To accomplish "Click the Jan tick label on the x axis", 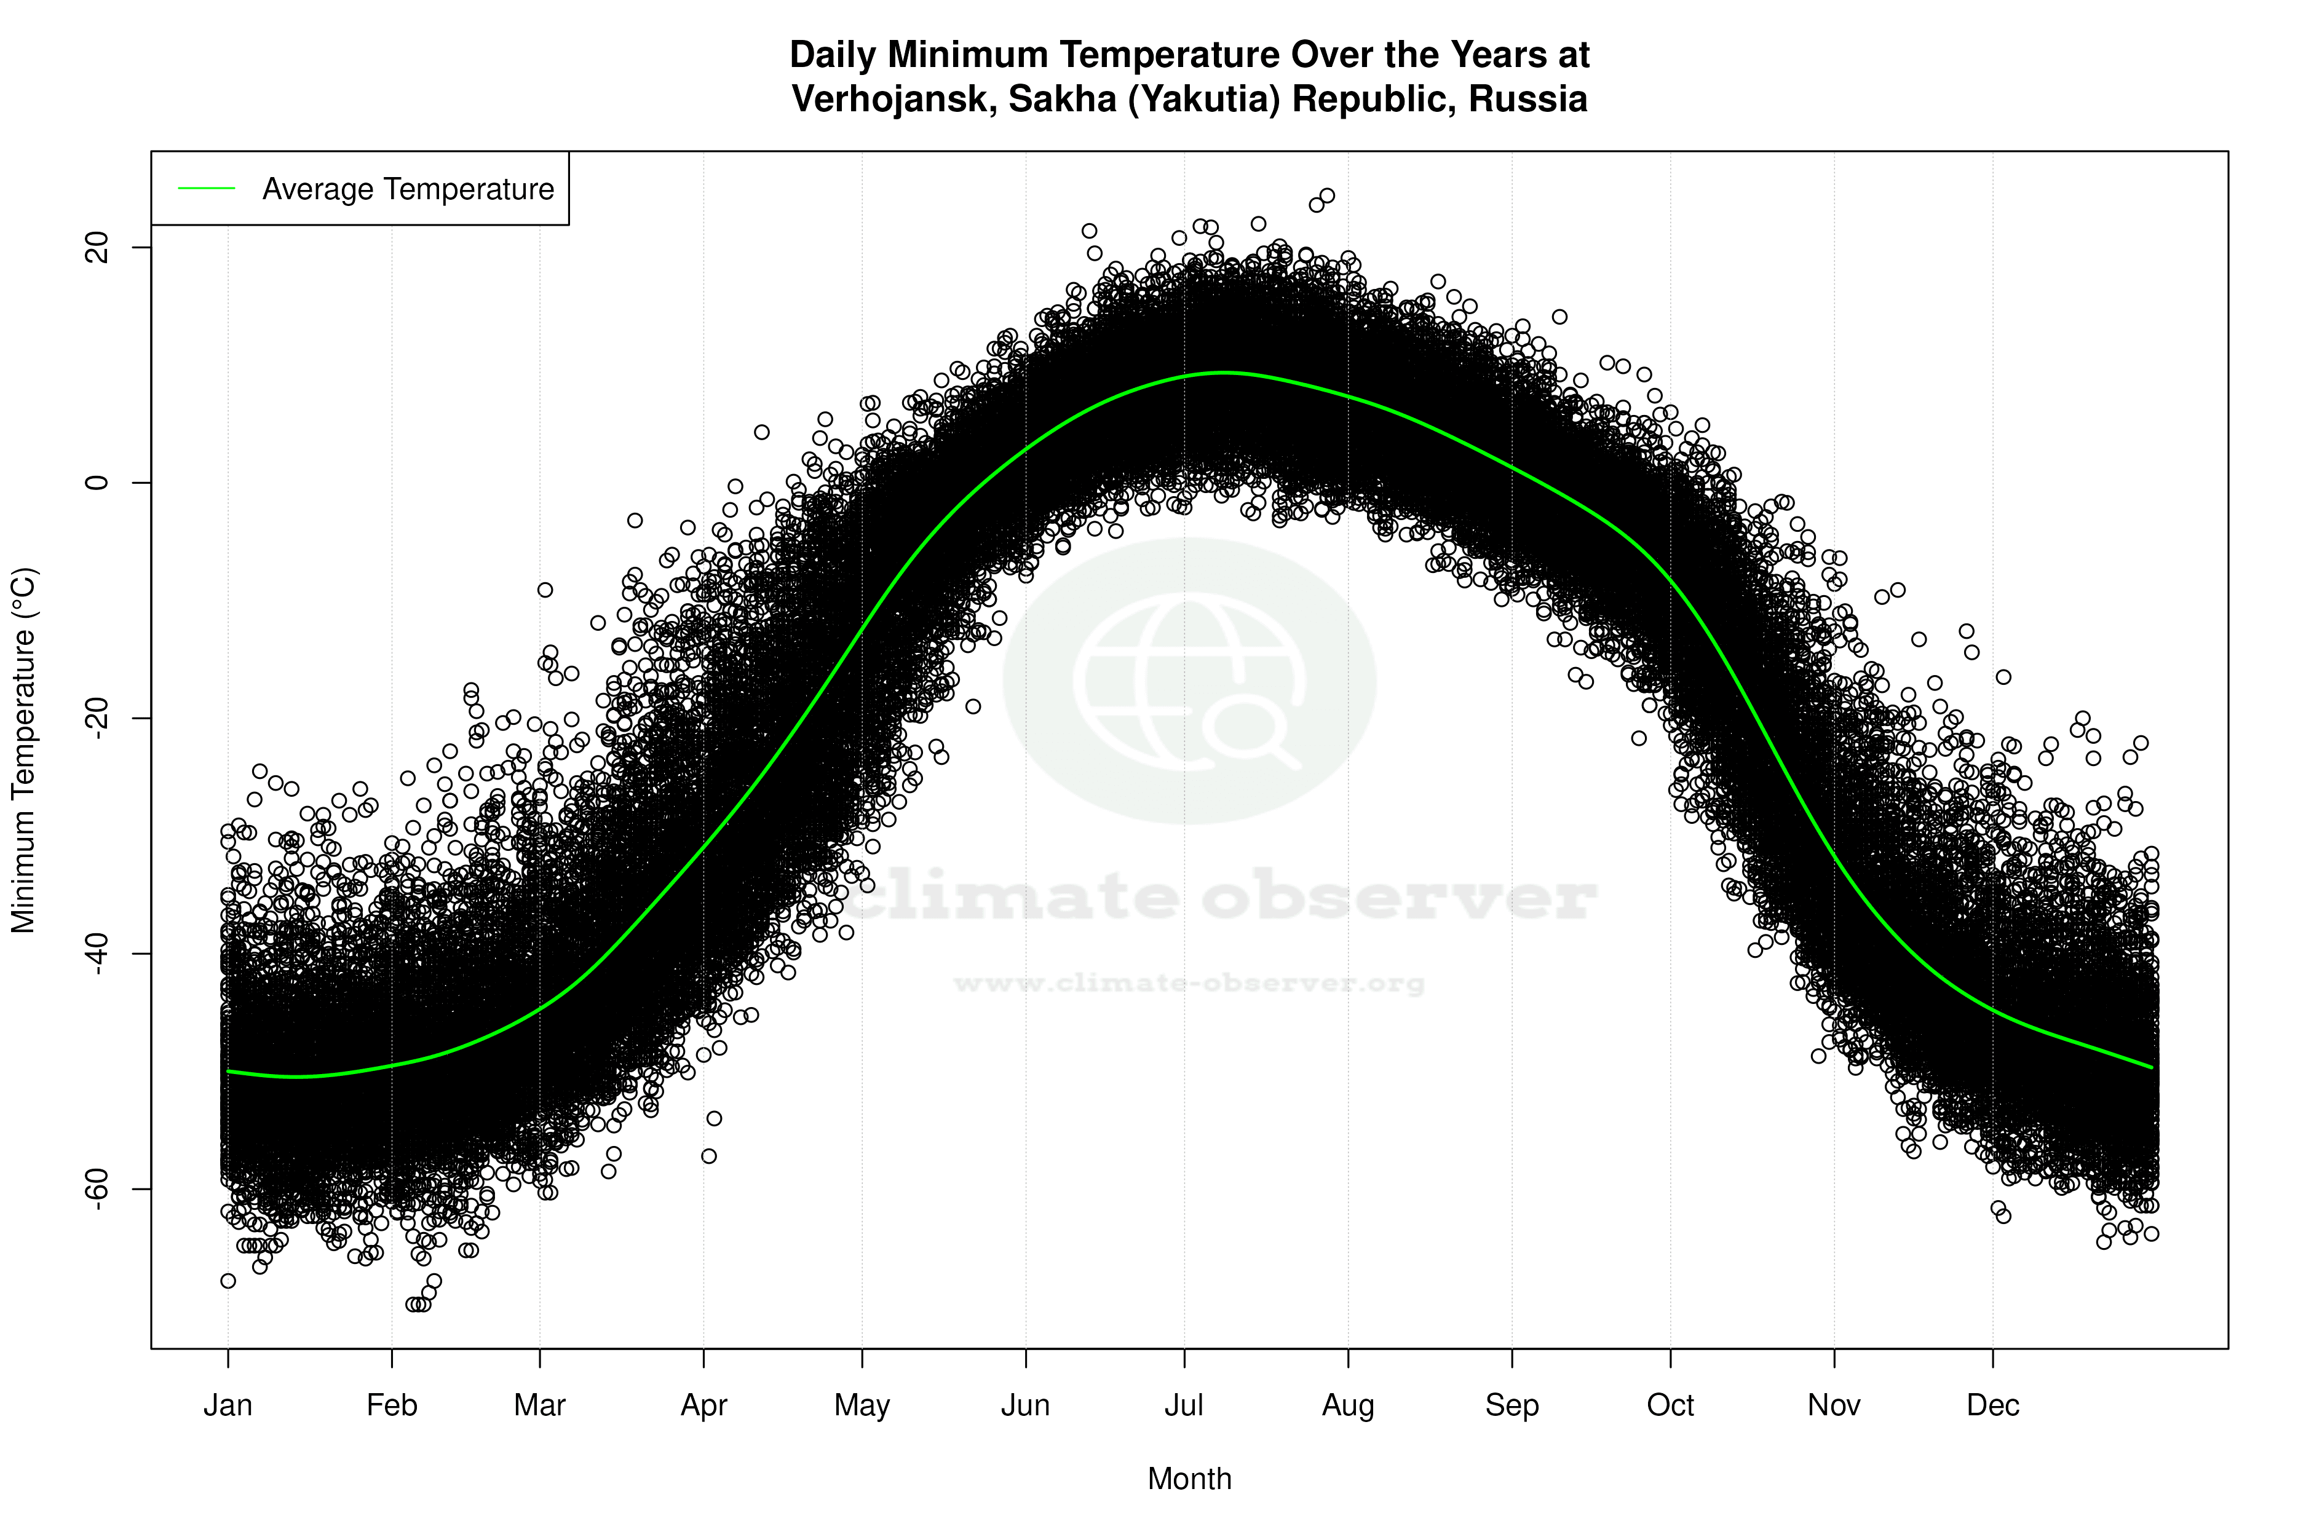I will pyautogui.click(x=228, y=1405).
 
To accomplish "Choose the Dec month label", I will pyautogui.click(x=1992, y=1405).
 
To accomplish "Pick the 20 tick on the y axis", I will pyautogui.click(x=98, y=247).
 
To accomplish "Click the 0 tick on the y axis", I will pyautogui.click(x=98, y=482).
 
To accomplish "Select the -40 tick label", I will pyautogui.click(x=98, y=953).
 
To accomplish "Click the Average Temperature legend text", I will pyautogui.click(x=408, y=189).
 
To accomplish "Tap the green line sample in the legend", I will pyautogui.click(x=207, y=188).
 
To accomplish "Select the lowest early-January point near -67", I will pyautogui.click(x=228, y=1281).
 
